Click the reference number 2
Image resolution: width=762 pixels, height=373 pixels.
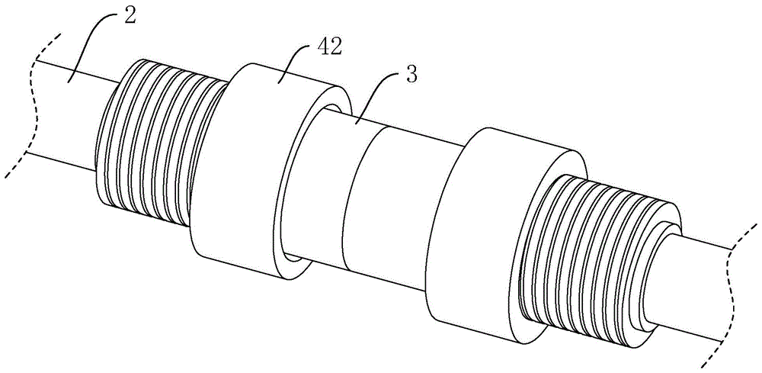(131, 16)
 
